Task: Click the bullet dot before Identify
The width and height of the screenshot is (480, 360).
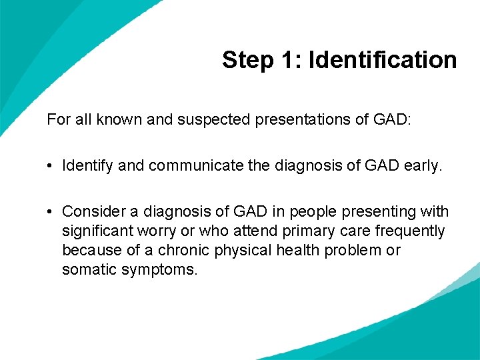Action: [51, 166]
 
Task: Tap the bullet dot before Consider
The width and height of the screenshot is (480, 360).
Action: [51, 212]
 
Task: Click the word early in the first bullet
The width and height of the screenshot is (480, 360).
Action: [422, 166]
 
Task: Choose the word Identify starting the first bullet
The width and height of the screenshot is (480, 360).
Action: [87, 166]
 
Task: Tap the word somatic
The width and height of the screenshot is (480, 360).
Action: [86, 270]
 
